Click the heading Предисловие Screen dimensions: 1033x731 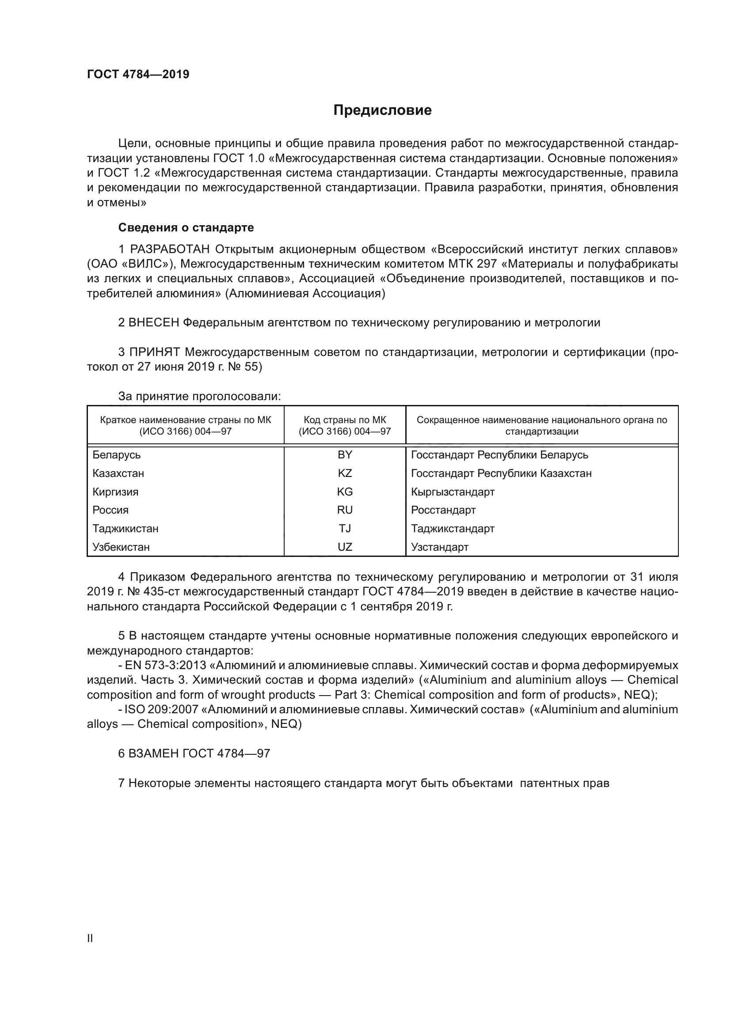(x=382, y=110)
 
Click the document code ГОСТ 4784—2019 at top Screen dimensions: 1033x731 (x=138, y=75)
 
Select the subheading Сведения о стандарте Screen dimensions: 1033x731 (x=186, y=227)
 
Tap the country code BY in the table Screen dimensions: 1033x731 (x=345, y=455)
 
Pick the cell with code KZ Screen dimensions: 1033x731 (x=345, y=473)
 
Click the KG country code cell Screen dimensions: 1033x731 (x=345, y=492)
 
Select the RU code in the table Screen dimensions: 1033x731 (x=345, y=510)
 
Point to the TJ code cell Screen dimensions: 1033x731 (x=345, y=529)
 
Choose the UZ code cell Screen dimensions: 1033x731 (x=345, y=547)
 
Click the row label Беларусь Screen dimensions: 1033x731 (x=117, y=455)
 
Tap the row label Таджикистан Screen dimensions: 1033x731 (x=125, y=529)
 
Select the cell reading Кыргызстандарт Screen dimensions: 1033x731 (x=453, y=492)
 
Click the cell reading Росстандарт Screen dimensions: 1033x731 (x=443, y=510)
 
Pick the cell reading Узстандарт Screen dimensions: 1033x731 (x=439, y=547)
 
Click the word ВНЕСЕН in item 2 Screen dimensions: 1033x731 (x=154, y=322)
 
